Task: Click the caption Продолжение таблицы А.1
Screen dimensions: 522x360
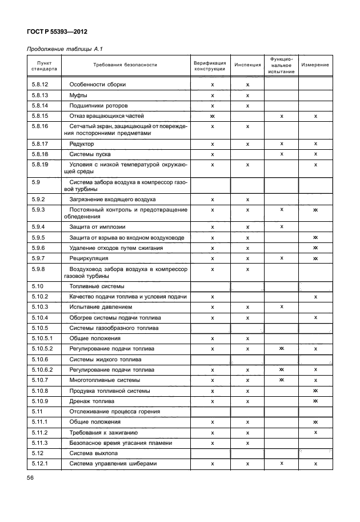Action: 65,50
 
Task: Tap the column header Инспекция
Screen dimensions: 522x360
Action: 247,65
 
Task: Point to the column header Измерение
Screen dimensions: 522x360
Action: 315,65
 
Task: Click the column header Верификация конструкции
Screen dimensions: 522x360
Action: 210,65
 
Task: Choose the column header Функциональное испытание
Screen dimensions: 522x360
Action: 281,65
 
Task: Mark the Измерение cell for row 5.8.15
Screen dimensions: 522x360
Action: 315,116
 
